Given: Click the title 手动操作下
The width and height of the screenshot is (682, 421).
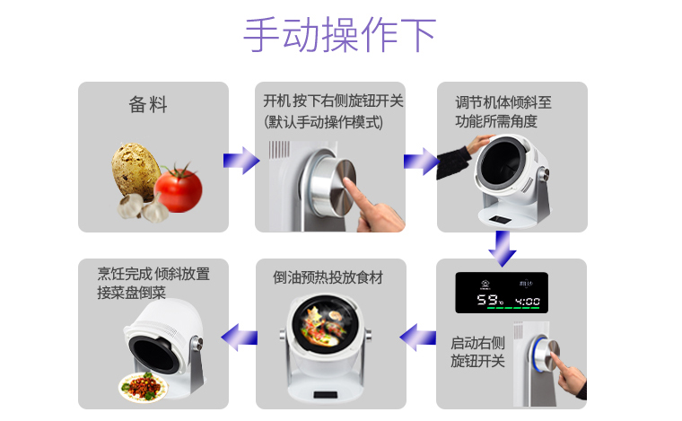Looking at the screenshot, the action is tap(340, 34).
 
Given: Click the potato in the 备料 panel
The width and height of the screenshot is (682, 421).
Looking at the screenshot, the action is tap(135, 171).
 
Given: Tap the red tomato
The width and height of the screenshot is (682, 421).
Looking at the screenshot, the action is tap(179, 189).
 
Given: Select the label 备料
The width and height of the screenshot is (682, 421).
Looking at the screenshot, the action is tap(148, 105).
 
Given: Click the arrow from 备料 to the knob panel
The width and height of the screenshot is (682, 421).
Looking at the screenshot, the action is tap(241, 161).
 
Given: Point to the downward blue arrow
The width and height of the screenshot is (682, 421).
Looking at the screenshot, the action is tap(503, 249).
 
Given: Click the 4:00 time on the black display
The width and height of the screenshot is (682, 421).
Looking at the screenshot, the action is tap(527, 301).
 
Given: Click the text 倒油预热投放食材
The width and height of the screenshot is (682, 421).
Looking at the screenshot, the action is tap(328, 277).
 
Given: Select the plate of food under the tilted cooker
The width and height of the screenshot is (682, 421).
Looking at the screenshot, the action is tap(143, 387).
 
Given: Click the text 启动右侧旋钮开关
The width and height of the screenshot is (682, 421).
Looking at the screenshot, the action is tap(477, 352).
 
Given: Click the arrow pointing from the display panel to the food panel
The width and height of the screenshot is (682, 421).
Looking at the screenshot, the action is tap(418, 337).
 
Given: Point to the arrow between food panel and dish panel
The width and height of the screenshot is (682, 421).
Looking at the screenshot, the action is tap(240, 337).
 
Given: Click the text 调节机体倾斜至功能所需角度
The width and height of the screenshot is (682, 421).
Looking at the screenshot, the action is tap(503, 112).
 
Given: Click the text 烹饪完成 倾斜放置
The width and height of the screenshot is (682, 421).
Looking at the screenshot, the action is tap(153, 274).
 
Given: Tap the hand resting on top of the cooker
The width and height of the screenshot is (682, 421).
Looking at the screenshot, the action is tap(479, 144).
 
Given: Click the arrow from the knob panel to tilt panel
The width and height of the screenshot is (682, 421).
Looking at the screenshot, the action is tap(422, 162).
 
